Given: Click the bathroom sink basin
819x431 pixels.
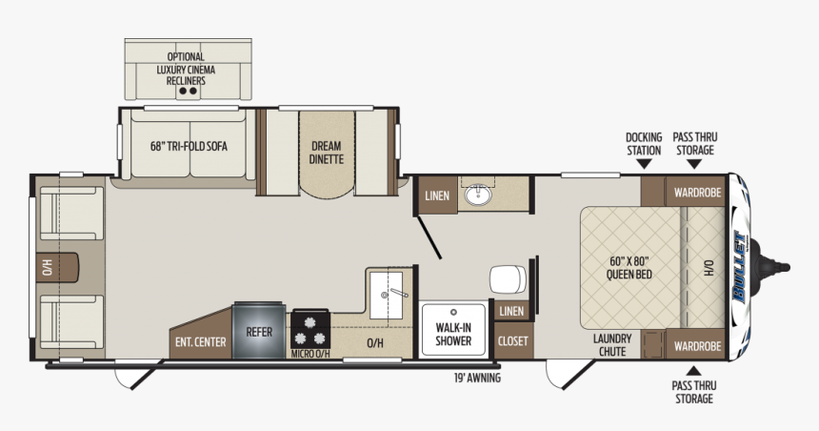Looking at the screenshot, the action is tap(478, 195).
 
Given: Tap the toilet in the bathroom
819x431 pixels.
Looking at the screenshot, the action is tap(508, 279).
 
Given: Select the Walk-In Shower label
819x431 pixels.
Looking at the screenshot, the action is tap(453, 335).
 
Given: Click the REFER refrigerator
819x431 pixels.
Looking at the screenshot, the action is tap(259, 331).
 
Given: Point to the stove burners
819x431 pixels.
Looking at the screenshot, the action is tap(310, 331).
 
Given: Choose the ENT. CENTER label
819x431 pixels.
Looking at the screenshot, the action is tap(201, 342).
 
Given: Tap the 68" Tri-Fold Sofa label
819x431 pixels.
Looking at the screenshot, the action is tap(189, 147).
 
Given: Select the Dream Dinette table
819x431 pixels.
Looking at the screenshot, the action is tap(327, 154).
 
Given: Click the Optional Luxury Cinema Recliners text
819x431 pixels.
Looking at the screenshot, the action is tap(186, 69).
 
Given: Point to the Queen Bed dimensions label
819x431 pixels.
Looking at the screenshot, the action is tap(629, 267).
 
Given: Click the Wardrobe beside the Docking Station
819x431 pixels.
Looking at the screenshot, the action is tap(697, 192).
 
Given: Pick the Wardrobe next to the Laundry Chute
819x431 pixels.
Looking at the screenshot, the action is tap(697, 345).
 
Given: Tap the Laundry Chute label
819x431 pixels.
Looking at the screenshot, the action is tap(612, 345).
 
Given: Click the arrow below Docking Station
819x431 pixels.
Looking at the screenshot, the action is tap(644, 164).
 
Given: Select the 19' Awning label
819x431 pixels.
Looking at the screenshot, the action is tap(477, 378).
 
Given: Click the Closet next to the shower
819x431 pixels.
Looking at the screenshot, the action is tap(513, 341).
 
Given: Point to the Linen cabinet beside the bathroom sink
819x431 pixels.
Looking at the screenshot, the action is tap(438, 195).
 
